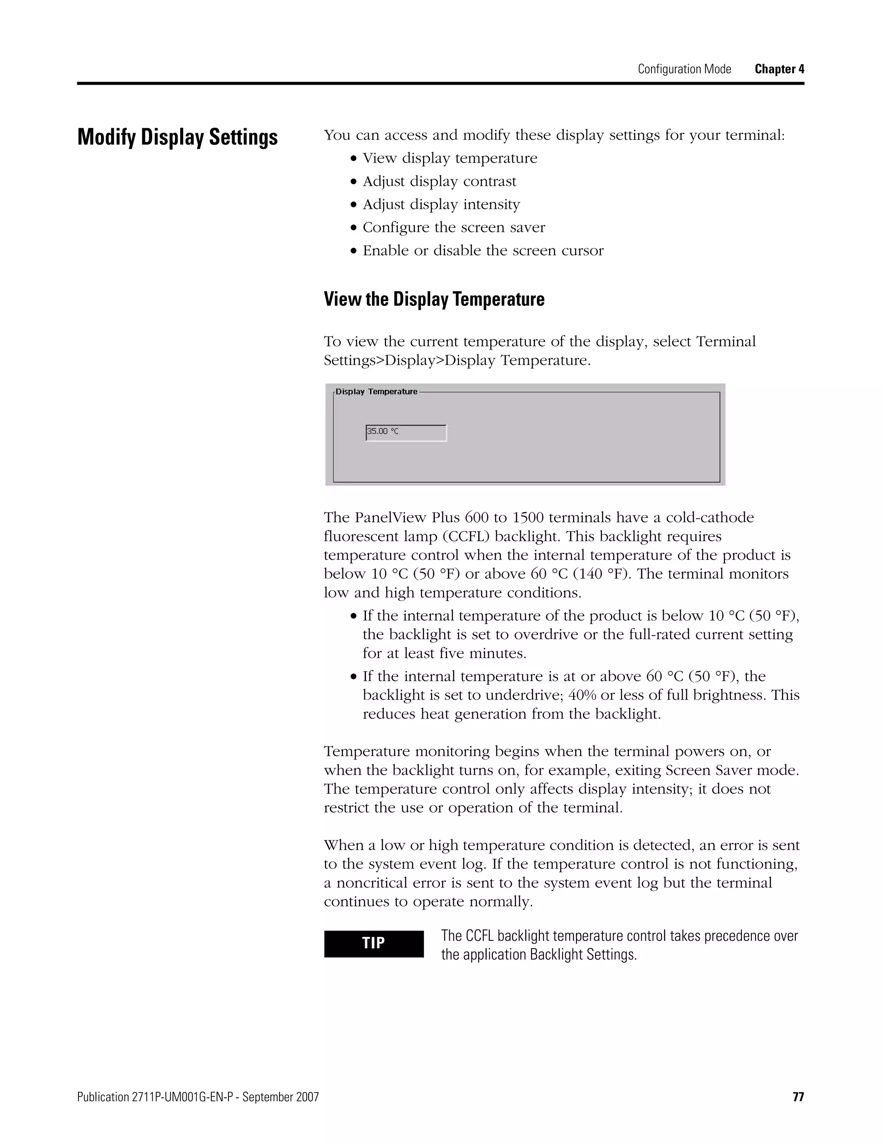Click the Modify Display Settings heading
tap(177, 137)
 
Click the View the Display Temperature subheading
tap(434, 299)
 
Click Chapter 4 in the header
tap(779, 69)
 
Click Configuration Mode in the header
tap(684, 69)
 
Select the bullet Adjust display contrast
tap(439, 181)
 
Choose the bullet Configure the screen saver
tap(454, 227)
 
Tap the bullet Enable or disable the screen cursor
tap(483, 250)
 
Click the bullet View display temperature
tap(450, 158)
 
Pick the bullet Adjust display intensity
tap(441, 204)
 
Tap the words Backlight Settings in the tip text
tap(583, 955)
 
